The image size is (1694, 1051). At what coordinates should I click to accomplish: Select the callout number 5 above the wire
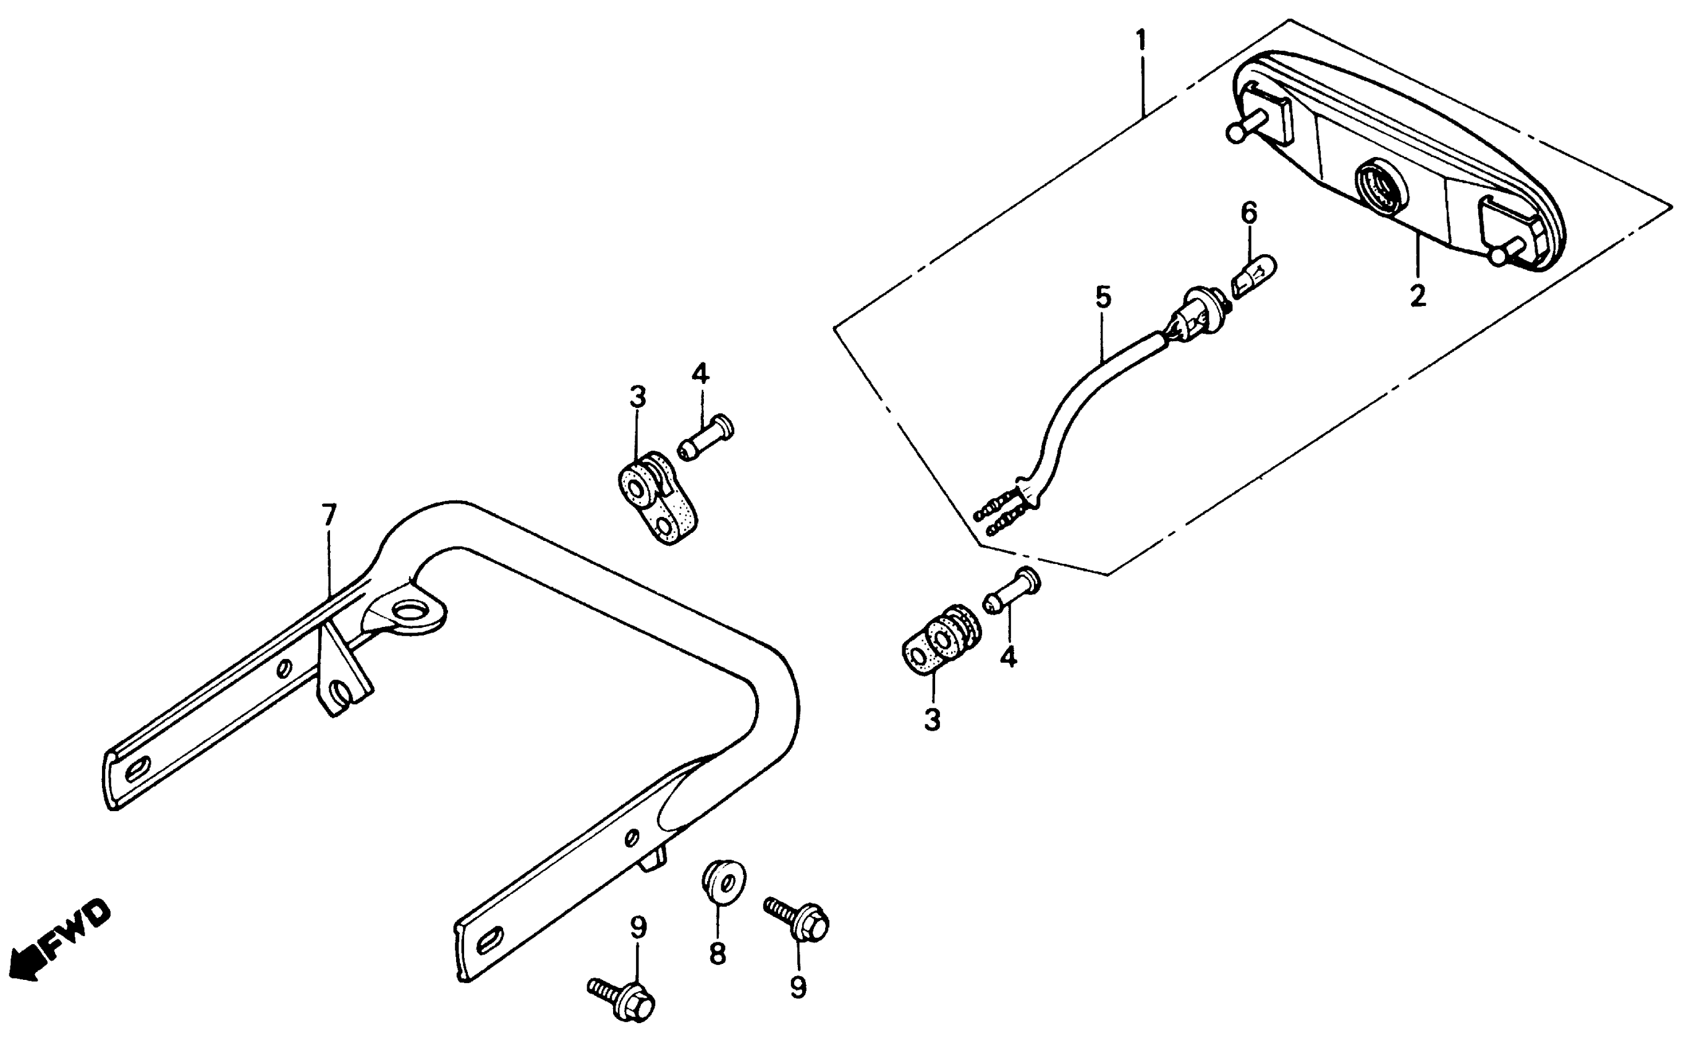pos(1103,297)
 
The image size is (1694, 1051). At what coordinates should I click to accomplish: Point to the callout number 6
pos(1249,213)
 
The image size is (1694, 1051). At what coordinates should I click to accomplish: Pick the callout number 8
pos(717,954)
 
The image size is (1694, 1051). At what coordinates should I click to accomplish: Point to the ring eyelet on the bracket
pos(409,613)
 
